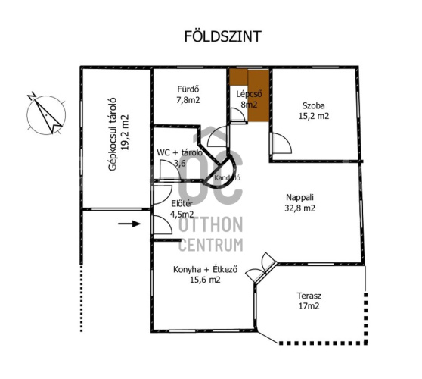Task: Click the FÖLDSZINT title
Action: click(222, 36)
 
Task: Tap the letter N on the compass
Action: click(32, 96)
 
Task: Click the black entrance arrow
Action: click(129, 224)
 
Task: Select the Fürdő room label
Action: click(188, 89)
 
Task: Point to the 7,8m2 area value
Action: click(188, 100)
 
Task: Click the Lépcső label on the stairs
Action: click(249, 94)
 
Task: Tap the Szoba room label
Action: click(314, 105)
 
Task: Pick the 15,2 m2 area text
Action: click(314, 116)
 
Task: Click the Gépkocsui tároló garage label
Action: click(113, 134)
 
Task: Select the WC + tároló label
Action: click(179, 152)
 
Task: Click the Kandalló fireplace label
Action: click(227, 178)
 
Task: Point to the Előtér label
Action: click(182, 204)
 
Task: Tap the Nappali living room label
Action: click(299, 197)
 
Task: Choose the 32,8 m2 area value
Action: click(299, 208)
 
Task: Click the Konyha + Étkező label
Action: click(205, 269)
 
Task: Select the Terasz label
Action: click(309, 296)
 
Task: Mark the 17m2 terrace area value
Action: click(309, 306)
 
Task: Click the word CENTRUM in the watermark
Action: click(211, 245)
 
